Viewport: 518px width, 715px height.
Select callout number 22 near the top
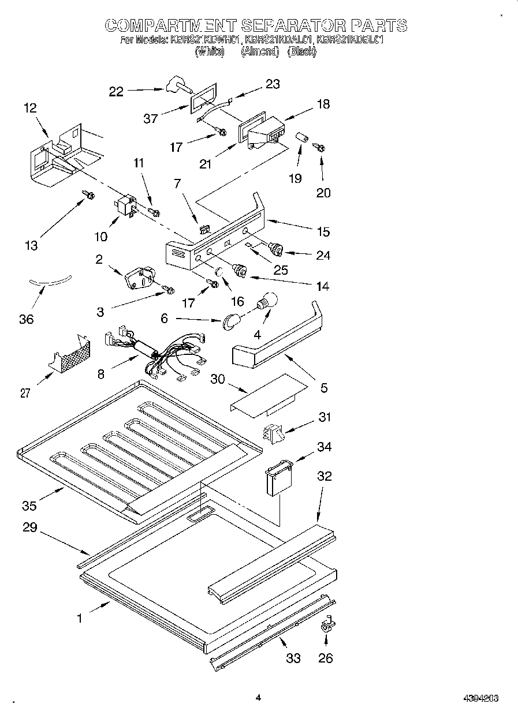click(117, 91)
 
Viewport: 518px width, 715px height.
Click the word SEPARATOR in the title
click(291, 25)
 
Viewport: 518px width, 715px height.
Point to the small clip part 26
click(327, 626)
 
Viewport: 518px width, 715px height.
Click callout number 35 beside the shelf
click(29, 506)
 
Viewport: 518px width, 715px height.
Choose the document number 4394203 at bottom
click(480, 698)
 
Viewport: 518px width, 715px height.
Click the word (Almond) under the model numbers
click(260, 51)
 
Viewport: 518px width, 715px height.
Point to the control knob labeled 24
click(277, 249)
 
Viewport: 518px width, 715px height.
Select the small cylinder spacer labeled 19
click(300, 140)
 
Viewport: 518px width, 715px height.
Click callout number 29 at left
click(29, 527)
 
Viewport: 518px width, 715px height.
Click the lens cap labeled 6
click(232, 320)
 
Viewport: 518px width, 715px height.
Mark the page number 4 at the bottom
click(258, 698)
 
